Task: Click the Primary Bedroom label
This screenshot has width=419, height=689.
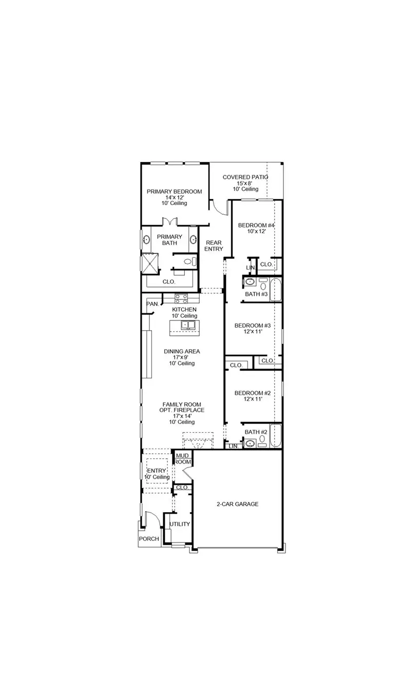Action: tap(174, 192)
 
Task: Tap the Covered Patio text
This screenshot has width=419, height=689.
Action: tap(245, 177)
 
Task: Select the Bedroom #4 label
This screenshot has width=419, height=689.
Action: tap(256, 226)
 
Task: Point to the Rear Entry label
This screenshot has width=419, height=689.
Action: tap(214, 246)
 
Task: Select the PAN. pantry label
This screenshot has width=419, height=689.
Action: tap(152, 304)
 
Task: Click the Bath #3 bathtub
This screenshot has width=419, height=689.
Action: tap(276, 290)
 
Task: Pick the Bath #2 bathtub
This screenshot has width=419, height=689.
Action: tap(276, 436)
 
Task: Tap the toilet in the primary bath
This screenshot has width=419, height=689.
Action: tap(188, 262)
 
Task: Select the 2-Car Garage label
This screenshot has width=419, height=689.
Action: tap(237, 504)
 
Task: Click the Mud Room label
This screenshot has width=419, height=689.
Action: tap(183, 459)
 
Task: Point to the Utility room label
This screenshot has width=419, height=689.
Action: tap(180, 524)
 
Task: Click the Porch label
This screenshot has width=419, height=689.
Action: tap(149, 539)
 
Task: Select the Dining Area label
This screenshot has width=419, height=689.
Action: tap(182, 352)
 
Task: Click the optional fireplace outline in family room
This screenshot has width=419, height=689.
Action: tap(198, 440)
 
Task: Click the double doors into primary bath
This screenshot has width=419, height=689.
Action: tap(169, 222)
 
